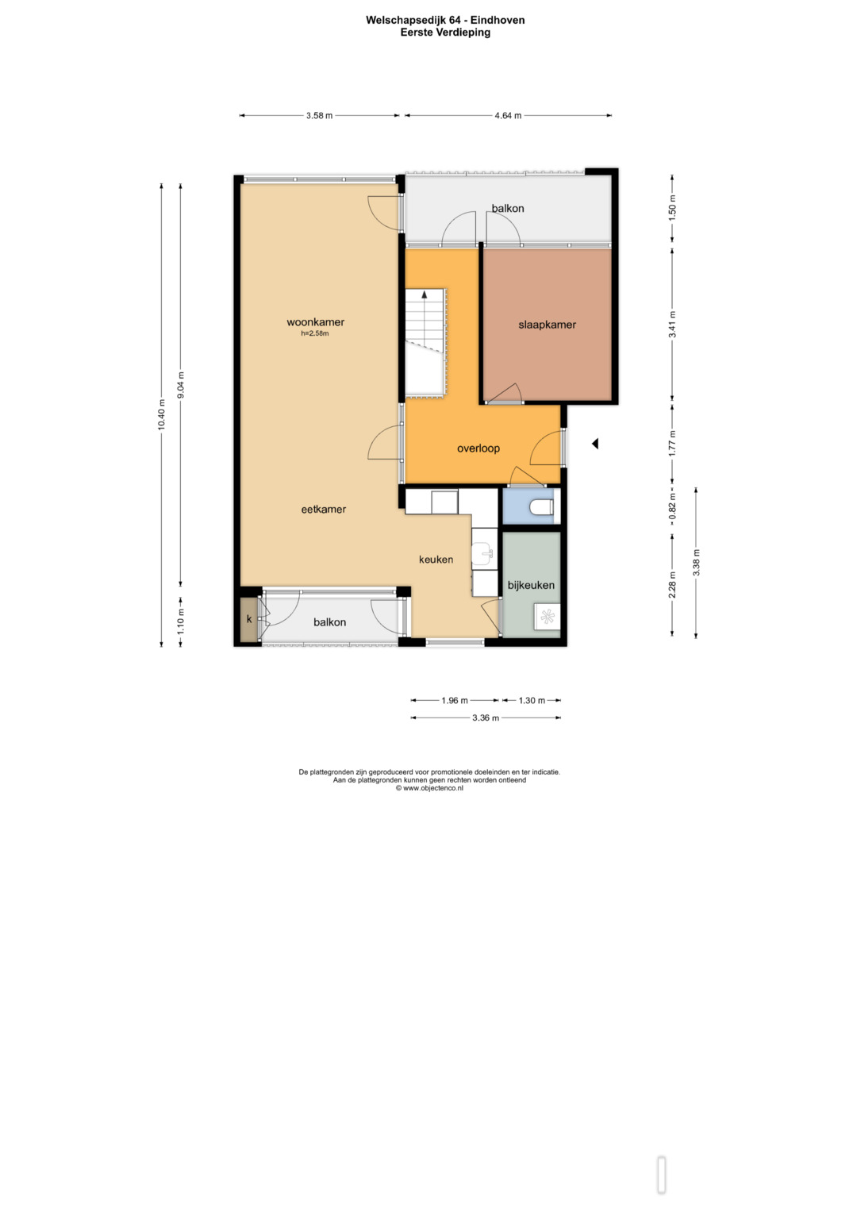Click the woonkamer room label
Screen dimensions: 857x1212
[x=316, y=322]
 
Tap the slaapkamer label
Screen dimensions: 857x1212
[x=547, y=325]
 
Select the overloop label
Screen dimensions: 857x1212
[x=478, y=448]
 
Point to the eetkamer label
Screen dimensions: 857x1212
[x=324, y=509]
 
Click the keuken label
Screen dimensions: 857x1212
[x=436, y=560]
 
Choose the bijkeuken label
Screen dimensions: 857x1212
[x=531, y=585]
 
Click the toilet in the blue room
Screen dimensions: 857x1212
[x=541, y=507]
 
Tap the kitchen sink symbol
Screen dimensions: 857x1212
[x=484, y=553]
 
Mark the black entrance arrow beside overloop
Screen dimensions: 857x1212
[x=594, y=444]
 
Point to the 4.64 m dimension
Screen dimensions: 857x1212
[x=508, y=115]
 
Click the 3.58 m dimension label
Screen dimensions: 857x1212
[x=319, y=115]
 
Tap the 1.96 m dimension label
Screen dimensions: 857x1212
[x=455, y=700]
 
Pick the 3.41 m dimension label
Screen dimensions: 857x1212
[x=673, y=325]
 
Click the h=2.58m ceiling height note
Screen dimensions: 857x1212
[x=315, y=334]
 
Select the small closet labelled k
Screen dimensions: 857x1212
[x=249, y=619]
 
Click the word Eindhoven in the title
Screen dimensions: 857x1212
[x=498, y=20]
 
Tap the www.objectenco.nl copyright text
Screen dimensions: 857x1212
[x=429, y=788]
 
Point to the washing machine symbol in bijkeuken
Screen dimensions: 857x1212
[x=547, y=616]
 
